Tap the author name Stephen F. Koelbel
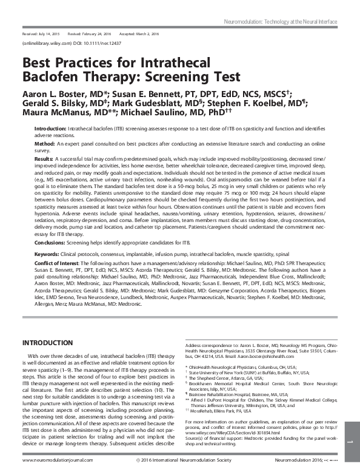pos(250,106)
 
